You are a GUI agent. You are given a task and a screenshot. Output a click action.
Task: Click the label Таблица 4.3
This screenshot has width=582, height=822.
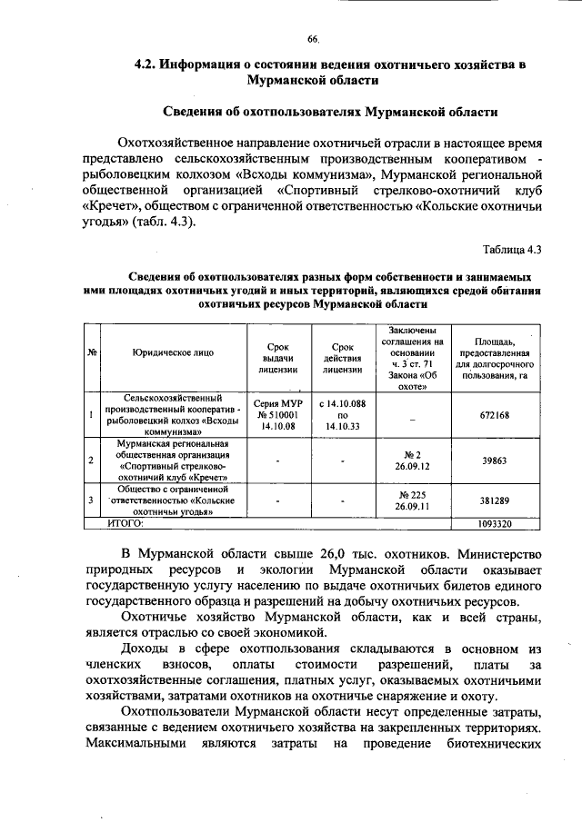click(512, 249)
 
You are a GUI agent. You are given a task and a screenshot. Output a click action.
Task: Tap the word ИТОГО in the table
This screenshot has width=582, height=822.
click(127, 524)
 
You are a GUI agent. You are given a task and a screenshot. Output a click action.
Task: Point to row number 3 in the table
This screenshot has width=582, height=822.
click(92, 500)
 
